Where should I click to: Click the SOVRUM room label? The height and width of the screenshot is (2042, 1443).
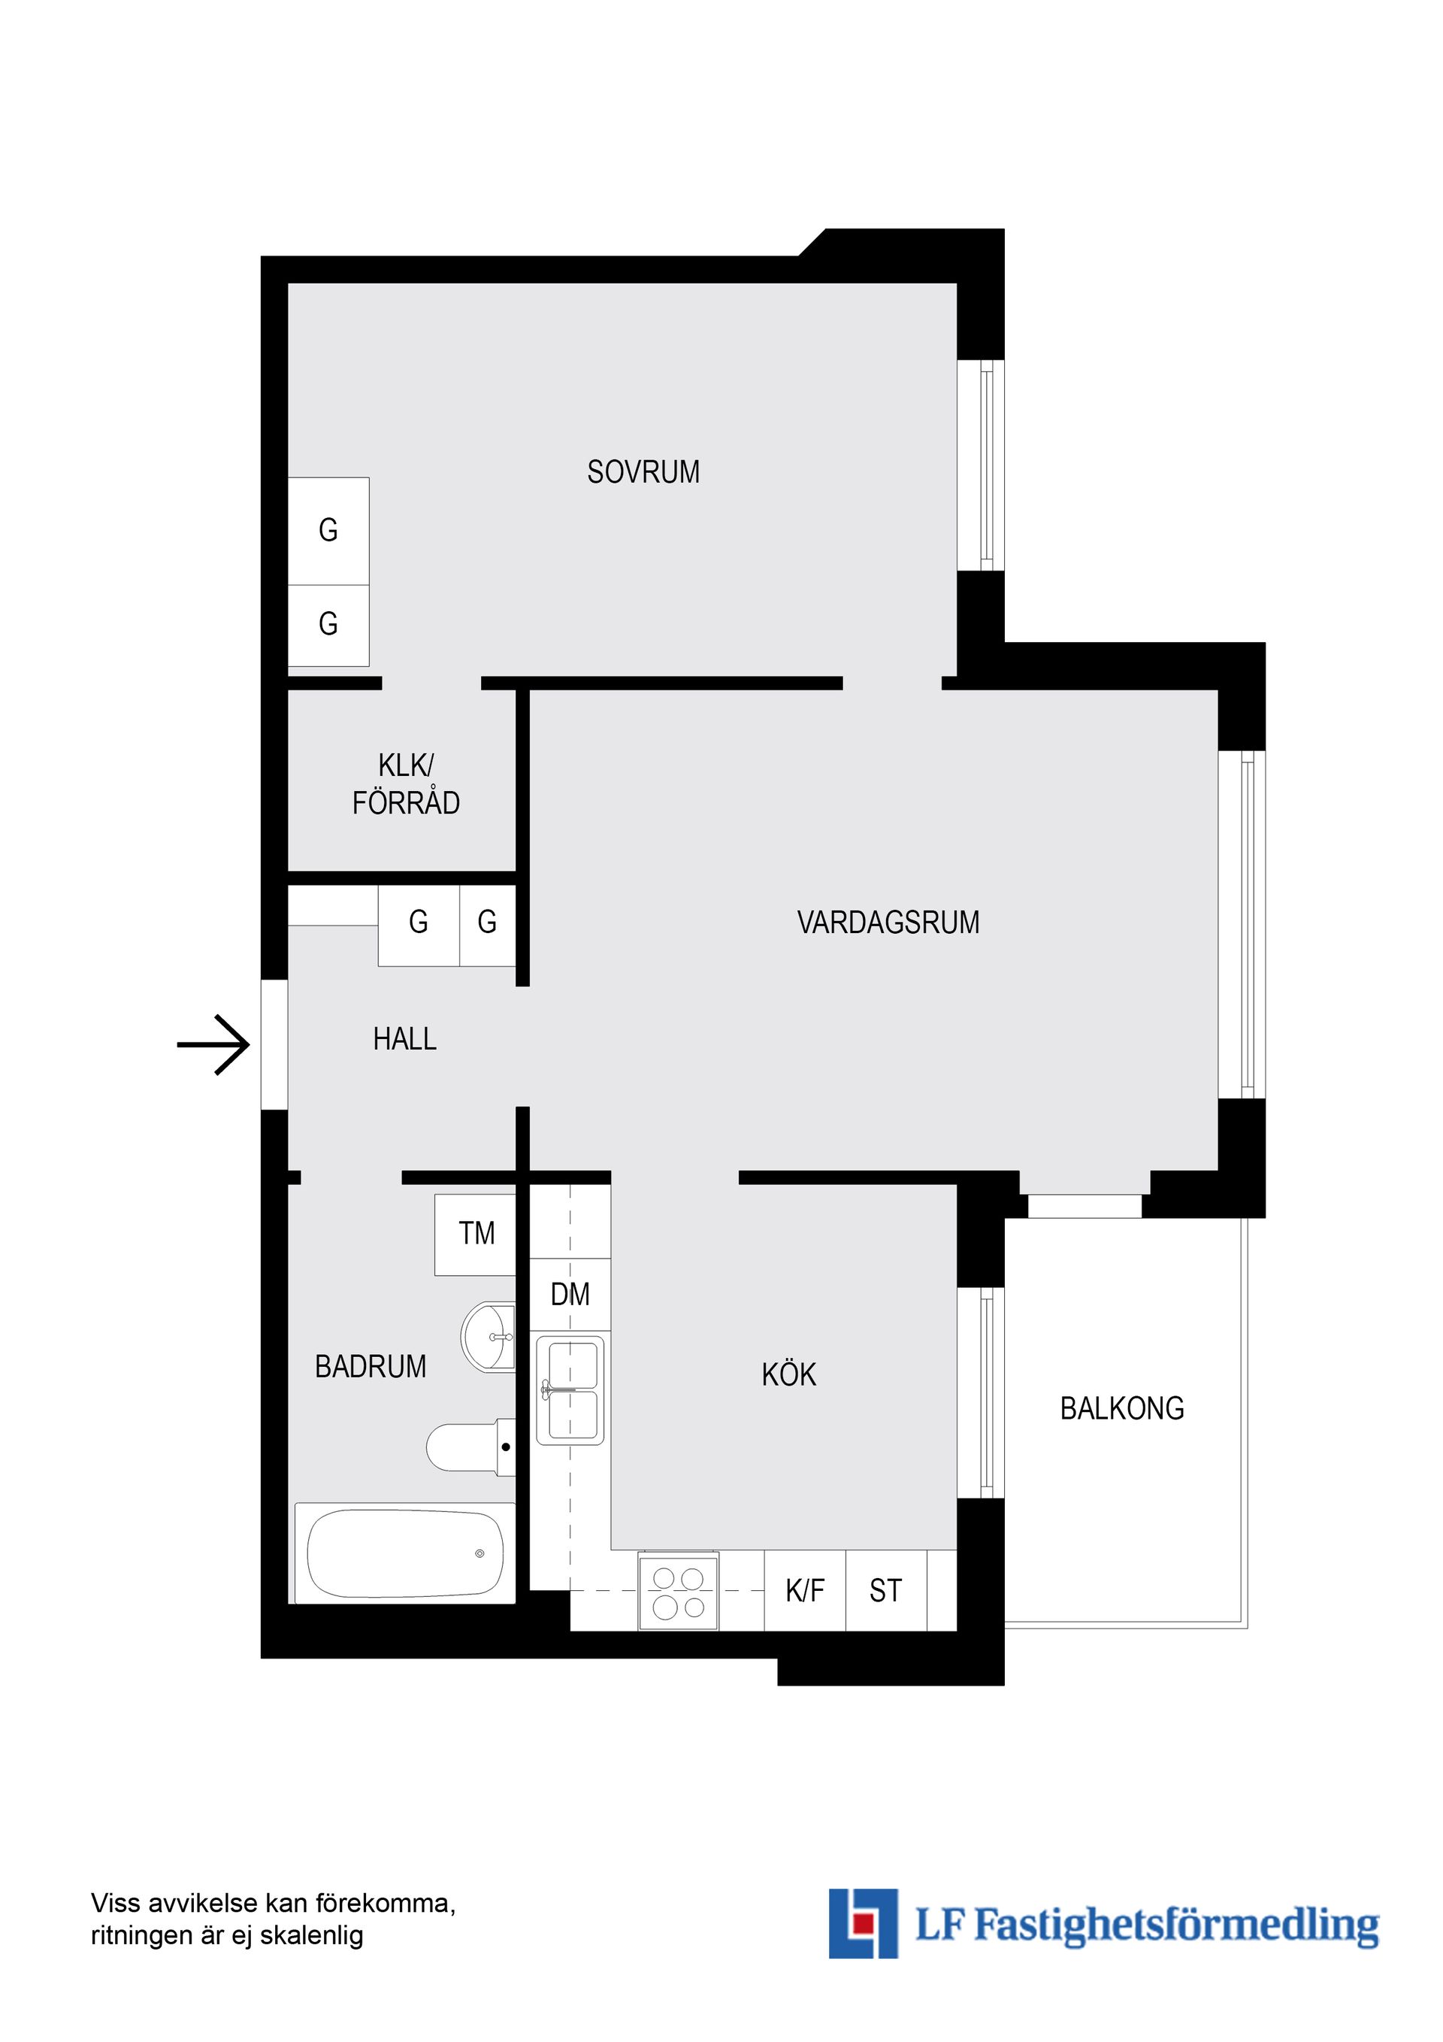643,471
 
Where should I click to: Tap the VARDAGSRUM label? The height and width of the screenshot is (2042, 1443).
888,923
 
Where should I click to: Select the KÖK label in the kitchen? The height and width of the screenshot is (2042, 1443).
788,1375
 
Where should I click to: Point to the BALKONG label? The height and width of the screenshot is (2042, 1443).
1122,1409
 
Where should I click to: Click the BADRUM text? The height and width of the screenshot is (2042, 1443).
371,1367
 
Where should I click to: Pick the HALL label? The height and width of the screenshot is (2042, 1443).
404,1039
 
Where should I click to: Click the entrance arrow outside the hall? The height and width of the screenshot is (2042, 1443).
214,1044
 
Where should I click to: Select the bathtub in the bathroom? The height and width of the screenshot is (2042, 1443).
404,1554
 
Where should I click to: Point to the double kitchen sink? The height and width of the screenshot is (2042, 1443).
570,1390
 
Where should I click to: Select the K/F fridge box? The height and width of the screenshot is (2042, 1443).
805,1591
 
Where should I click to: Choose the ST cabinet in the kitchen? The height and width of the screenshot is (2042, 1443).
885,1591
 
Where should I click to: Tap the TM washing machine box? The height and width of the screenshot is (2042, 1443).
476,1234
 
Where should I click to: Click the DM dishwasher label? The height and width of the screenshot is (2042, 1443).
570,1295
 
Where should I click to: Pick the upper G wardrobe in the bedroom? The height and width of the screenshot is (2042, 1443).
328,531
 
